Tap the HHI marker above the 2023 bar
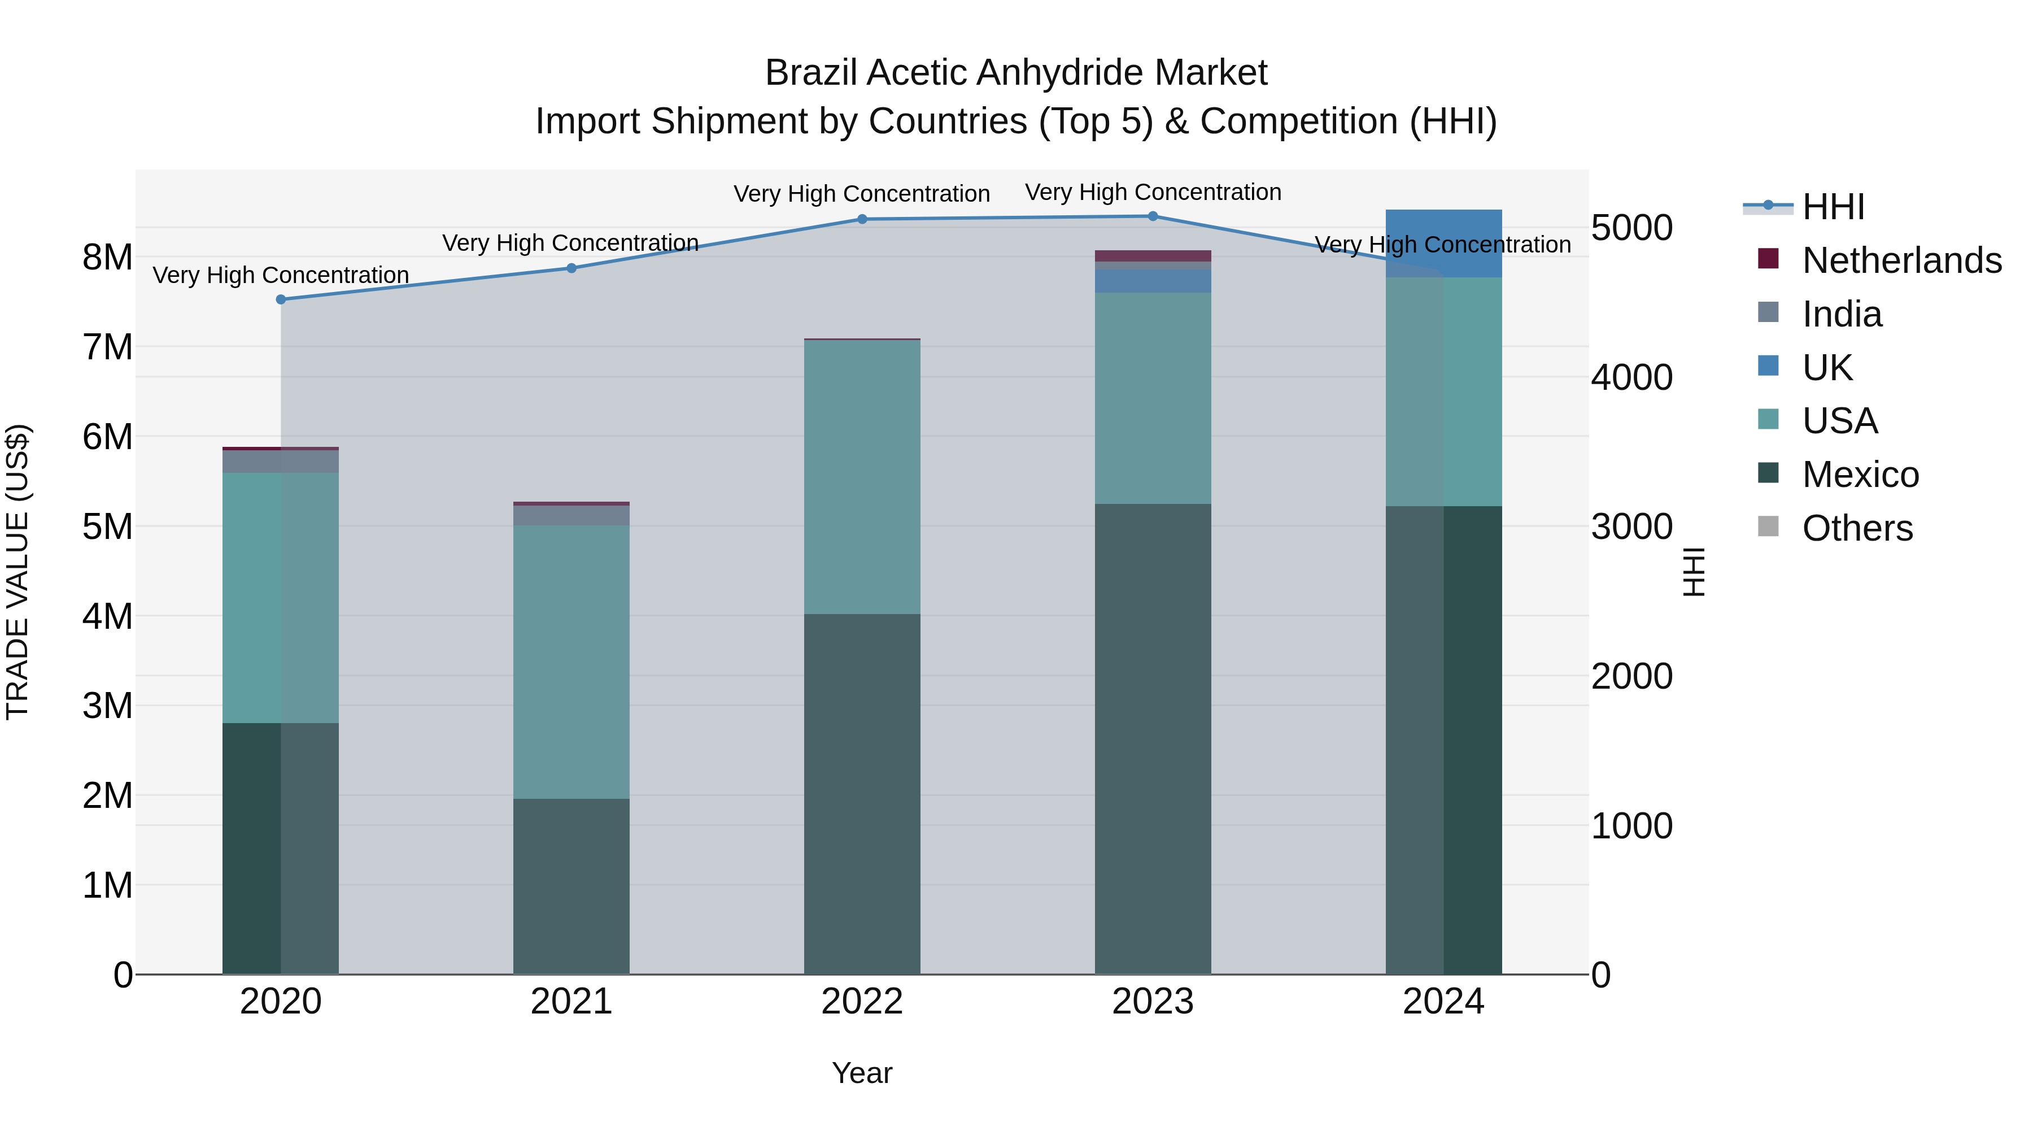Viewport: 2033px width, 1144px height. [1152, 216]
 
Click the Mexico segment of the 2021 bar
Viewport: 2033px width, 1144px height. [571, 886]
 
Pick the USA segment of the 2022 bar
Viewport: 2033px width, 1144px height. [862, 477]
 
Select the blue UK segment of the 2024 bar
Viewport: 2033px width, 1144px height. [1443, 242]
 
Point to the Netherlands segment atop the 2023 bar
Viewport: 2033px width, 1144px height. [1152, 256]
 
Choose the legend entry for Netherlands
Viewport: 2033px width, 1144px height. [1901, 260]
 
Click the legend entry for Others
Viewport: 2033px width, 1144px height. [1857, 528]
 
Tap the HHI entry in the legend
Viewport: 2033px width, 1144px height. [1833, 206]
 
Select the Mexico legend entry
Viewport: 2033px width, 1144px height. [1860, 474]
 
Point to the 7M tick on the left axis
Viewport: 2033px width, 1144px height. [107, 347]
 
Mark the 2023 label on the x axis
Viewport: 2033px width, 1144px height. [1152, 1002]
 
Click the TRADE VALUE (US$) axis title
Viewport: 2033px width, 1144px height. [18, 572]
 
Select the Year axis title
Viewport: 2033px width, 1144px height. [862, 1073]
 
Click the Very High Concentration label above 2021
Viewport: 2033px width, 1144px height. [570, 242]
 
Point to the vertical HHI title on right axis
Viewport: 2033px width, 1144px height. [1694, 572]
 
